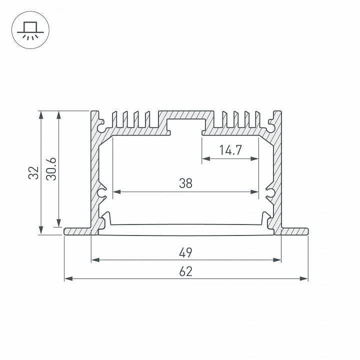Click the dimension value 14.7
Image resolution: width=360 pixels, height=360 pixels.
click(230, 150)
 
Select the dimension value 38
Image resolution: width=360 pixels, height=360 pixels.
click(185, 183)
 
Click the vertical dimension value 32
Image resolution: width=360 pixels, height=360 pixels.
click(33, 172)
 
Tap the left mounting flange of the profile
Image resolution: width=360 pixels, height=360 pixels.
click(77, 231)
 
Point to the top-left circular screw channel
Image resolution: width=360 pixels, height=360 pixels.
click(102, 127)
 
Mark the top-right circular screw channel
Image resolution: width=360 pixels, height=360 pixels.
click(270, 127)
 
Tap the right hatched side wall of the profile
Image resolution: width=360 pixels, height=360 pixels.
click(277, 170)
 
